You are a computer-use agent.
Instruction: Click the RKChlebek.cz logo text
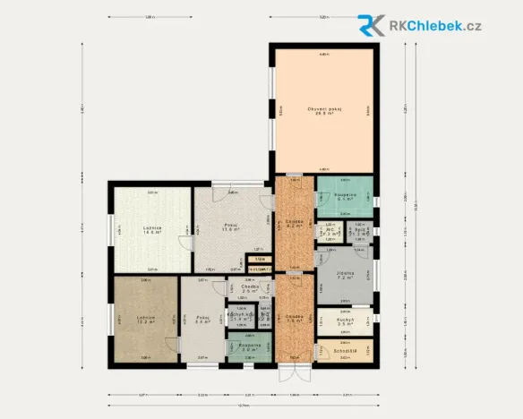(435, 25)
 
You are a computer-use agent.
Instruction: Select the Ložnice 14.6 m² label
(150, 229)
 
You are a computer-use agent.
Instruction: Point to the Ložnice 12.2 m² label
(146, 320)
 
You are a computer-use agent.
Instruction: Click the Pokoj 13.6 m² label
(230, 227)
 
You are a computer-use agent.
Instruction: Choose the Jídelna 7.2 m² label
(346, 275)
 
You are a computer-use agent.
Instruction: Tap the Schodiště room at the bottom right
(346, 351)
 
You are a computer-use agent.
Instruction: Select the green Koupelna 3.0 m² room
(249, 347)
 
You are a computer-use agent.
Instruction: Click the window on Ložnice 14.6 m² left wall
(109, 229)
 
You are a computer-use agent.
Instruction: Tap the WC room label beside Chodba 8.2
(330, 232)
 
